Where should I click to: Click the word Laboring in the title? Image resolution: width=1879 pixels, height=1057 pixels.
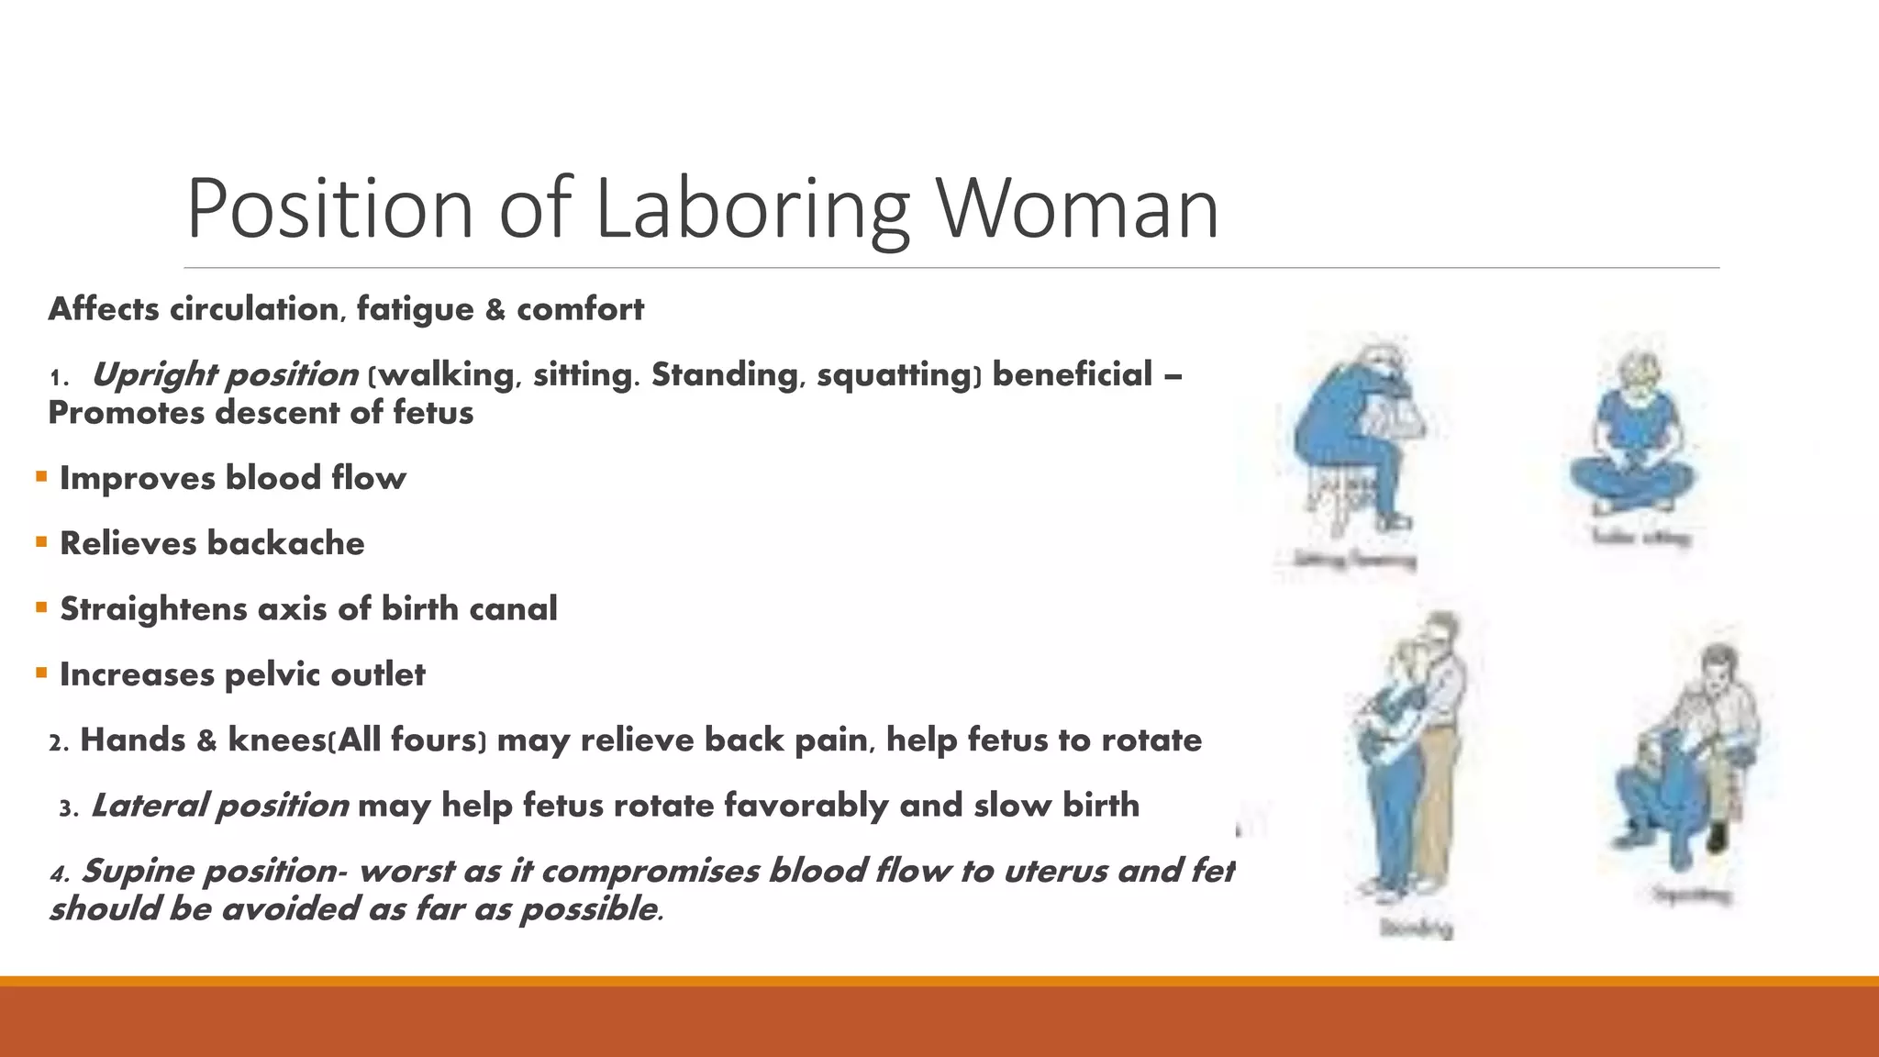pyautogui.click(x=752, y=209)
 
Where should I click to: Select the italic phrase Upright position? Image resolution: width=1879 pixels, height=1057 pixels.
pyautogui.click(x=225, y=374)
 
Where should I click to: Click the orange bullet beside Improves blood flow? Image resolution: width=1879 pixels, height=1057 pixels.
pyautogui.click(x=41, y=476)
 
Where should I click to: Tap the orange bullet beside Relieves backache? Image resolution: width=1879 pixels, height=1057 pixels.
pyautogui.click(x=41, y=542)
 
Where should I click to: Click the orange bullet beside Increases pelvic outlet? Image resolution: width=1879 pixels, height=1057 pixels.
pyautogui.click(x=41, y=673)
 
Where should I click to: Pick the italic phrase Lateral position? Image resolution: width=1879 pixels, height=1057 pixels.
pyautogui.click(x=220, y=806)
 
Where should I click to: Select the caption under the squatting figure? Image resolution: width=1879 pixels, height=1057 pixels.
pyautogui.click(x=1693, y=895)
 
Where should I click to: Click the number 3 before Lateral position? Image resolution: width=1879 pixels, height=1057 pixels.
pyautogui.click(x=65, y=808)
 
